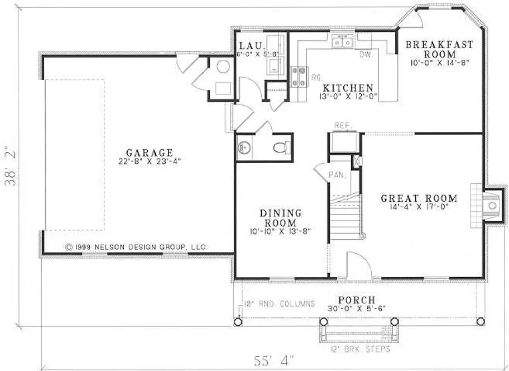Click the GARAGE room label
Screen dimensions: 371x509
149,152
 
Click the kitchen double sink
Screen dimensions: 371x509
341,41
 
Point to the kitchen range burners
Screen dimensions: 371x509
299,77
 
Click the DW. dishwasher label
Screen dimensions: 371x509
366,55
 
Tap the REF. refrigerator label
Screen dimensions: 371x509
342,125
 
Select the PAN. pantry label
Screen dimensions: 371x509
337,175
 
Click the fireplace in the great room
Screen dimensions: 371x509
491,205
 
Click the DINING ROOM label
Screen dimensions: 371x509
281,217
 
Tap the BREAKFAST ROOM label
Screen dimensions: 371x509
439,49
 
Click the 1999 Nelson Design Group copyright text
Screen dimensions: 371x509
136,246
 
